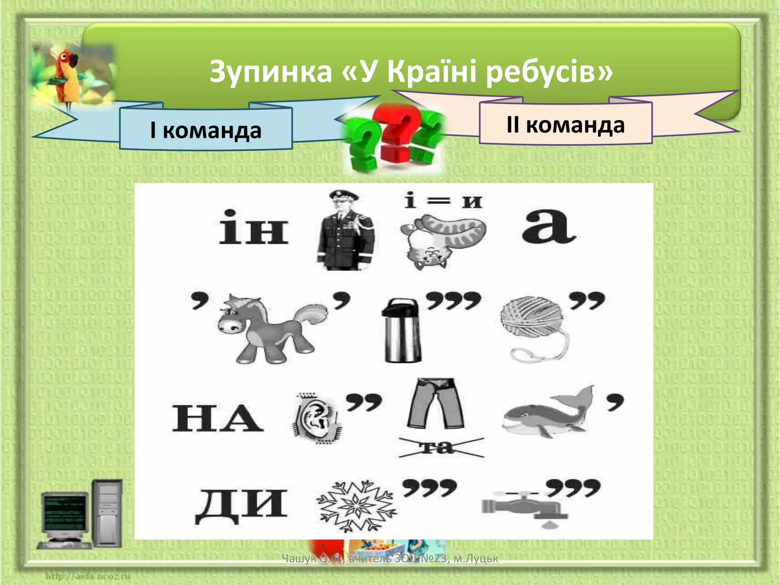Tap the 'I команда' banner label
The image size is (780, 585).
pyautogui.click(x=206, y=130)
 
